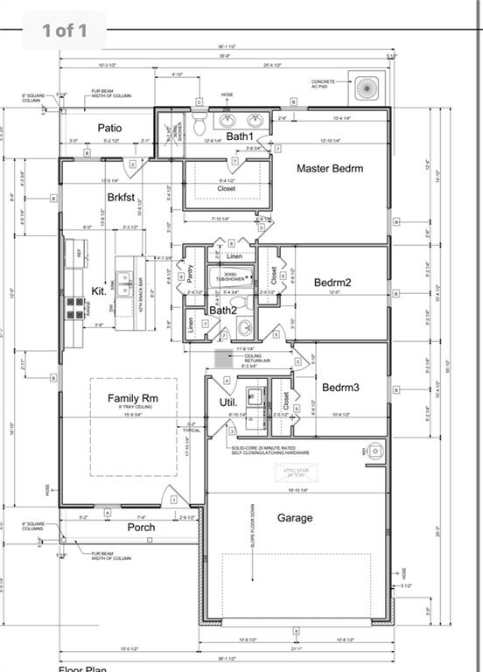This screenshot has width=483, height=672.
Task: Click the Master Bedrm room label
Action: tap(329, 168)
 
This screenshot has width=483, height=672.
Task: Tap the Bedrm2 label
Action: tap(332, 283)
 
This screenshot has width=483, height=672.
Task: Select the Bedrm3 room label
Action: tap(340, 387)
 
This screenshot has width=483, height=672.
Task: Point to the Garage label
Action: tap(295, 518)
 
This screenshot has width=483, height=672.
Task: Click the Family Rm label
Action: tap(133, 398)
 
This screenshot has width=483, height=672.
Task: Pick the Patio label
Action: tap(109, 128)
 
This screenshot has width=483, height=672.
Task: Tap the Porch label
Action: tap(141, 527)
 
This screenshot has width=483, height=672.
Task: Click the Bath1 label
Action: tap(239, 136)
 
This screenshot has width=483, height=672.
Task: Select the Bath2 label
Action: tap(222, 310)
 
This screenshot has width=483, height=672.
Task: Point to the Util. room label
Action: tap(228, 402)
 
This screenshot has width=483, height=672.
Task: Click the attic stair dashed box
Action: tap(295, 473)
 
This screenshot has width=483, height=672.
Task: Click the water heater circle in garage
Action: tap(375, 451)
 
